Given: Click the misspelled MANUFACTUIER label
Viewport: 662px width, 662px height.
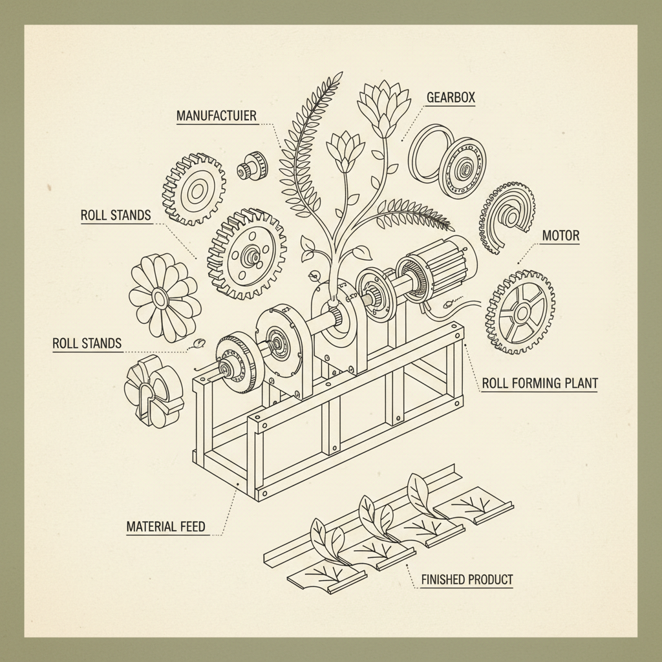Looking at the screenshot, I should (217, 116).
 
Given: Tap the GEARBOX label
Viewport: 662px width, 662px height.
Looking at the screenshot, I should (451, 98).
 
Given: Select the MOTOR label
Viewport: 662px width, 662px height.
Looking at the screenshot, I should (560, 235).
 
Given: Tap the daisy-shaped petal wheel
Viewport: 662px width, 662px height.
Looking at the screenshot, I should (162, 297).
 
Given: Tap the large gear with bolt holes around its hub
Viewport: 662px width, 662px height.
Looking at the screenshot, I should (247, 253).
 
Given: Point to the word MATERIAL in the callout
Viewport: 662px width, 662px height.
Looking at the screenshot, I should (148, 526).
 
